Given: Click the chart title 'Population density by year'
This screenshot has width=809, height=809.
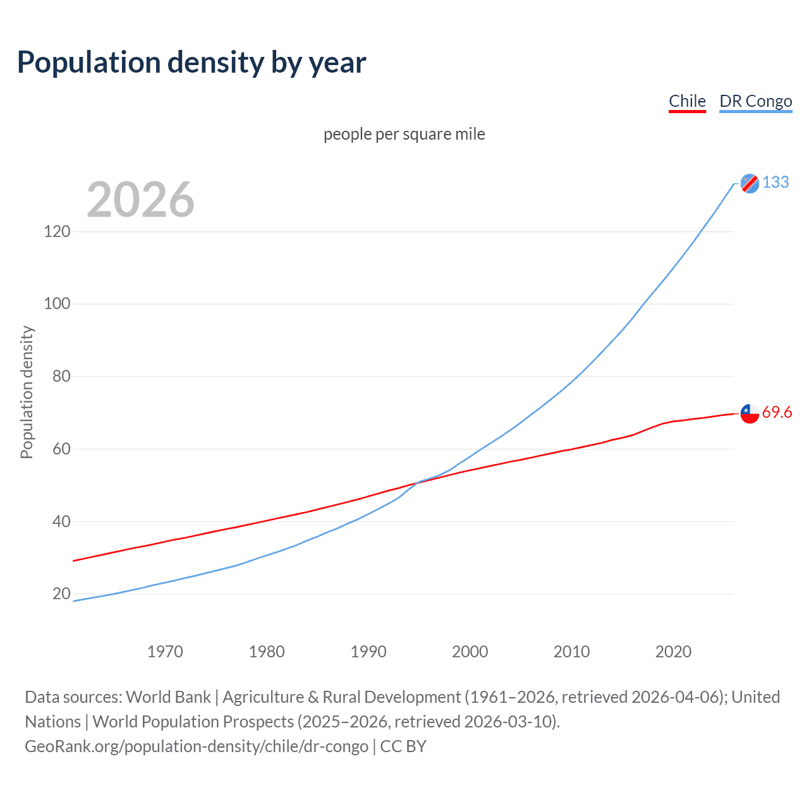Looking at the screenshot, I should [x=192, y=63].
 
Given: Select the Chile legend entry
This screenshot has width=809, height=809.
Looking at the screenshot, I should [x=687, y=101].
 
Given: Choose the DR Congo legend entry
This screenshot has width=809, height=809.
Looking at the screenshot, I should [x=755, y=101].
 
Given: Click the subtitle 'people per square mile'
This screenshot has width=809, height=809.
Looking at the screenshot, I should [x=404, y=134].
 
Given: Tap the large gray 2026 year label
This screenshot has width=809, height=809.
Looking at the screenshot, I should [x=140, y=200].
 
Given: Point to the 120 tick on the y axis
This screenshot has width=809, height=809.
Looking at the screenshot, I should [x=57, y=231].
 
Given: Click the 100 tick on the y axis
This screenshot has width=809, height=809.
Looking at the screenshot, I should [x=57, y=304].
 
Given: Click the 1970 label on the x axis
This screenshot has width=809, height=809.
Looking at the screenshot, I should [x=165, y=652].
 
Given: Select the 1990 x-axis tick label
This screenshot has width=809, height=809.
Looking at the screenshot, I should [x=368, y=652].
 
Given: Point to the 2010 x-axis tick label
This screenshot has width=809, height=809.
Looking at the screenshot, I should [x=571, y=652].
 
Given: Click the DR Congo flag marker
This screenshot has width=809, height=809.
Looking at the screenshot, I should [x=750, y=183].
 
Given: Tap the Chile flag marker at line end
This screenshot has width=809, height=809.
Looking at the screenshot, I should [x=750, y=413].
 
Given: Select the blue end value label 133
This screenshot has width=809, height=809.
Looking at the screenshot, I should [x=776, y=182].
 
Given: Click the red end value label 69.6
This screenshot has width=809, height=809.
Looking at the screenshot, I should [x=777, y=413].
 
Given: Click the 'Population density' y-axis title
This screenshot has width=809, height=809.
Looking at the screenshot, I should [x=27, y=392].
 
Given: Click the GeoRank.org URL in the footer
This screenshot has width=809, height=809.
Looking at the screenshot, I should [x=197, y=746].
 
